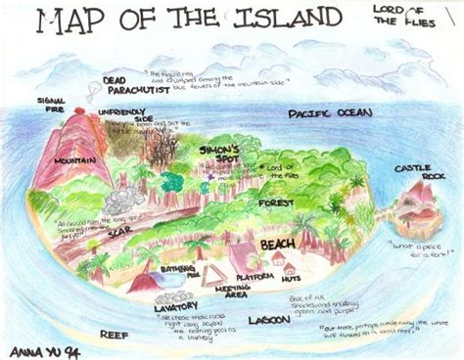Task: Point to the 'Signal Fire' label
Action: point(51,106)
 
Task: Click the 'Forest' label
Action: point(277,202)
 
